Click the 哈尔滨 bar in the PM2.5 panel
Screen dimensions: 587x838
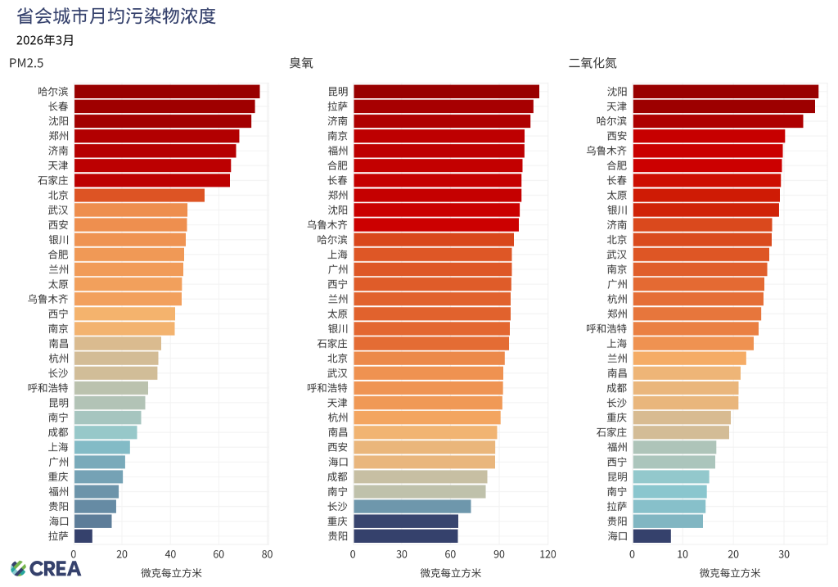166,92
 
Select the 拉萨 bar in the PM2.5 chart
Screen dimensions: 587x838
83,536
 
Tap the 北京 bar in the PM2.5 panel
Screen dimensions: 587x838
139,195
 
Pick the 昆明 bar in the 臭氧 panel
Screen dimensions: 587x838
446,92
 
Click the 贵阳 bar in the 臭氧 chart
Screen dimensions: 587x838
405,536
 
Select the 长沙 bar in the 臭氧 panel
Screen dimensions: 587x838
412,507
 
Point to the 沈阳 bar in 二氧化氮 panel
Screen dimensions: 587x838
725,92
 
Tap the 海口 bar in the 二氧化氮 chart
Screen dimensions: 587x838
651,536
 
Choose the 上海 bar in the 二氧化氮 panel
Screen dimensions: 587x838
692,344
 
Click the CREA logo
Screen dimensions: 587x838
46,568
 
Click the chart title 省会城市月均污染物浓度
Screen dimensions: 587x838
116,16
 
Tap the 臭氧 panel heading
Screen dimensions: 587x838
300,63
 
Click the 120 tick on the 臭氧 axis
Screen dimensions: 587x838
547,554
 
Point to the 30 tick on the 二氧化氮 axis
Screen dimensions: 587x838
784,554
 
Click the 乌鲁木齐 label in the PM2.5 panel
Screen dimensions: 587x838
47,299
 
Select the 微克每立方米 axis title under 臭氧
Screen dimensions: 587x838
450,572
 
